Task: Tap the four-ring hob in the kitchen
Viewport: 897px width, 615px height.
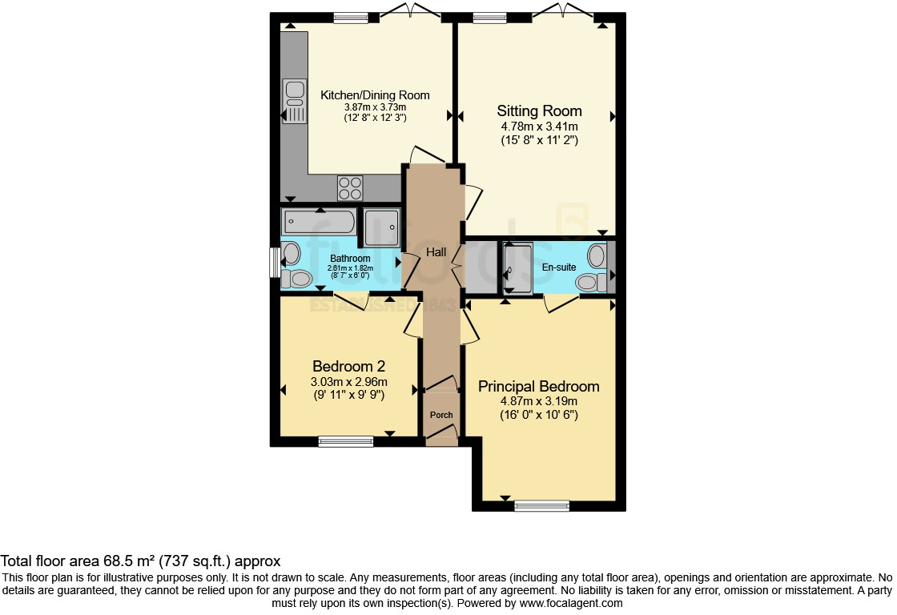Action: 350,188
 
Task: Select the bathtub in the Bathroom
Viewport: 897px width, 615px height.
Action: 318,220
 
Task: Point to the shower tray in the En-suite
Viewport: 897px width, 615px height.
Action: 517,269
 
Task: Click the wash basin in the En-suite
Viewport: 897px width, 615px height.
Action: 597,255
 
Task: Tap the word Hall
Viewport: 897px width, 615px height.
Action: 436,252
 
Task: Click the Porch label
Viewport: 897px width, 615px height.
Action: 441,415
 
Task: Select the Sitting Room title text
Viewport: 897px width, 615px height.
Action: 539,111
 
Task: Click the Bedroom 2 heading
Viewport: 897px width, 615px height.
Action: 348,366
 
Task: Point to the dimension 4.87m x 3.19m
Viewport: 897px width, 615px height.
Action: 538,401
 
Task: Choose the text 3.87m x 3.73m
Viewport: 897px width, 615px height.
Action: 375,107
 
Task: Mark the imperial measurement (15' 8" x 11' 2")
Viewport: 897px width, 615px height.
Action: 538,140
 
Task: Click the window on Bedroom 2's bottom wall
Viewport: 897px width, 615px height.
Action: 346,440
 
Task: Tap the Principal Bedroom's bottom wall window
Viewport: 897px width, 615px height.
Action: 541,505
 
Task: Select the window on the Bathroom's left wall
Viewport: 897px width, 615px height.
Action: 274,263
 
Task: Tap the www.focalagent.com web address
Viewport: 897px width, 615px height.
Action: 570,603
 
